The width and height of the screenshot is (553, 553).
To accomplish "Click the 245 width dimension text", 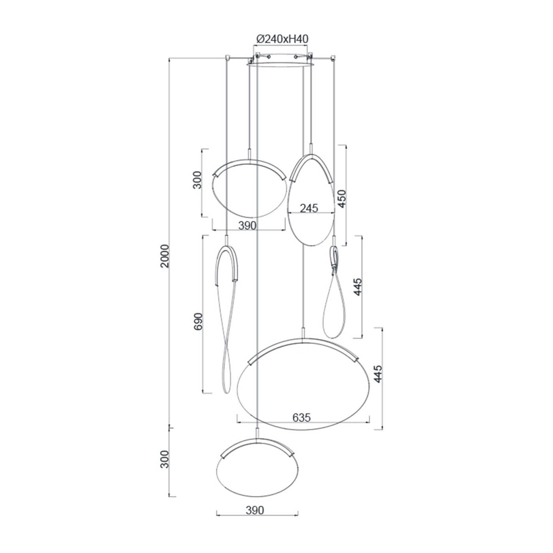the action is click(x=309, y=208).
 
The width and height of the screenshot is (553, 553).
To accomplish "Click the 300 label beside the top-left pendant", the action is click(x=197, y=180).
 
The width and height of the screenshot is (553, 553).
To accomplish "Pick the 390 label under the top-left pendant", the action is click(x=247, y=226).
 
